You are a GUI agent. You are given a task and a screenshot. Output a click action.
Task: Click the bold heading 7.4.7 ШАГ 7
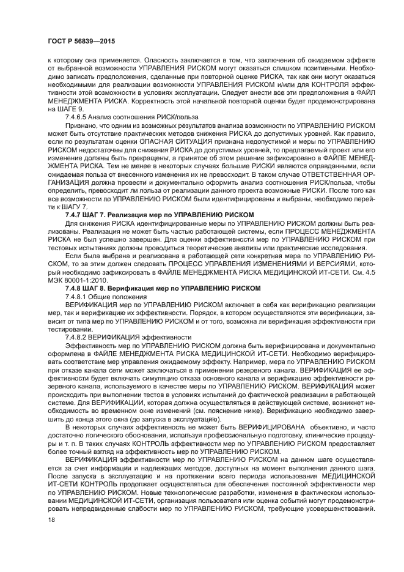pos(159,215)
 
